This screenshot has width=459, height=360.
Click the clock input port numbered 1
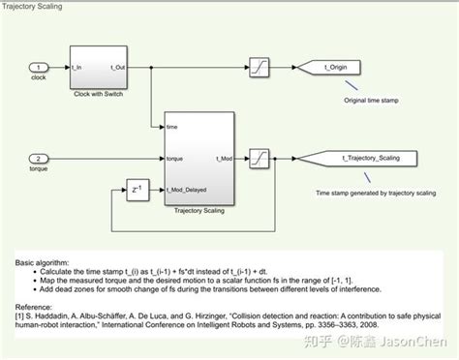click(x=37, y=68)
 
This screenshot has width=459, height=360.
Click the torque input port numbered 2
click(x=37, y=158)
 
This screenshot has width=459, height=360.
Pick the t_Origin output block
click(x=325, y=68)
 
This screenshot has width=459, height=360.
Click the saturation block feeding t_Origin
click(x=260, y=68)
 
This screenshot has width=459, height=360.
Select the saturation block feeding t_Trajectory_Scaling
click(x=260, y=157)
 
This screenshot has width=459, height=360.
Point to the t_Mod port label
click(x=221, y=158)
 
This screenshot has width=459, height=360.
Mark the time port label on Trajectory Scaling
click(x=171, y=126)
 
